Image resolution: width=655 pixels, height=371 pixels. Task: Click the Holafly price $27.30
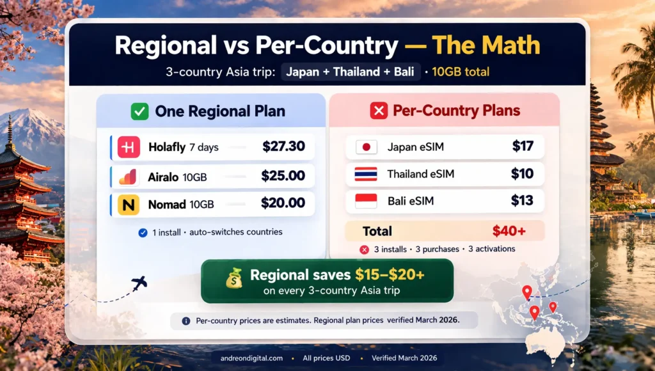283,146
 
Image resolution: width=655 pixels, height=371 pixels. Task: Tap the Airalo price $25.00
283,176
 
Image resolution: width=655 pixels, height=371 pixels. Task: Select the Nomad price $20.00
283,203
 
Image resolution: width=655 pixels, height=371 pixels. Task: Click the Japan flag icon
366,147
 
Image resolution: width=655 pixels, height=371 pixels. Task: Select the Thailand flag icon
366,174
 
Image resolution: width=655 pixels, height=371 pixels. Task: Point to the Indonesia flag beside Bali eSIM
366,201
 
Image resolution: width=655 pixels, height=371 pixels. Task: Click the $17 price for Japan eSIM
523,146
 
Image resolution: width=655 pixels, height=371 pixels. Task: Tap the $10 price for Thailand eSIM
523,174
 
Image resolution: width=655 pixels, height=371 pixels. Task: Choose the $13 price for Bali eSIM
523,201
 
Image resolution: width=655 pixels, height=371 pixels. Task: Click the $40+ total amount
509,231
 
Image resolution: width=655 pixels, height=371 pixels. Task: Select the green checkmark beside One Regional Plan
139,111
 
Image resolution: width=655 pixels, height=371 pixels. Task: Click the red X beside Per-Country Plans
379,111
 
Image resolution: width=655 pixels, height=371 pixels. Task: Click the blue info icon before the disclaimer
185,320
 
